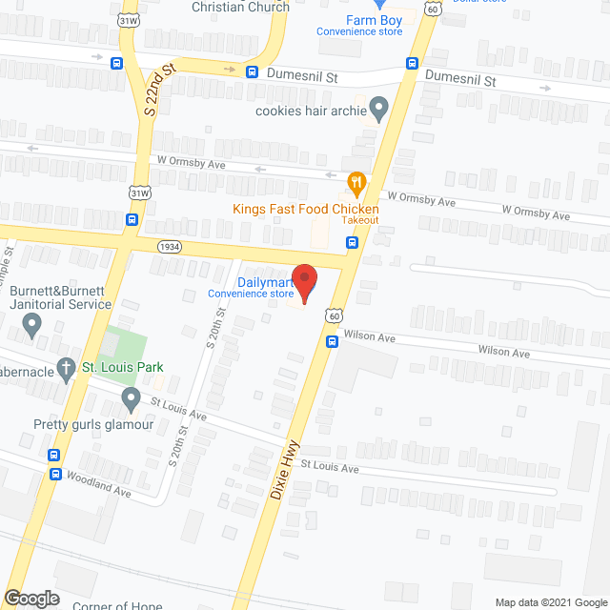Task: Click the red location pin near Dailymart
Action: [305, 283]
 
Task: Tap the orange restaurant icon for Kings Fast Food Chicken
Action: [356, 180]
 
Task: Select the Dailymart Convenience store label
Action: [252, 287]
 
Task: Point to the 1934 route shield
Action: [171, 246]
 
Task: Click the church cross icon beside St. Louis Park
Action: [66, 367]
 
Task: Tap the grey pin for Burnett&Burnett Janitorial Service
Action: [32, 328]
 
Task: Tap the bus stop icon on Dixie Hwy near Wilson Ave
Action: [332, 341]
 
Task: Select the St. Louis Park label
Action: [121, 367]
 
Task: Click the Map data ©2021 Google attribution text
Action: [550, 601]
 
